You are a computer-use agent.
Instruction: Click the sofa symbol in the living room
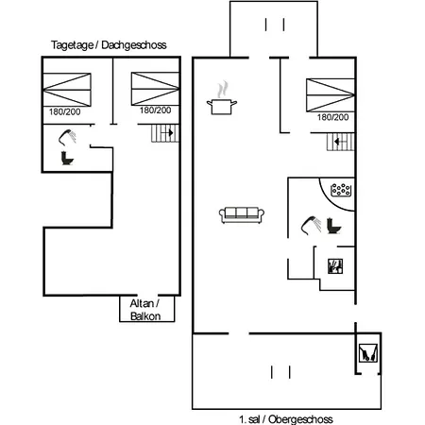(242, 215)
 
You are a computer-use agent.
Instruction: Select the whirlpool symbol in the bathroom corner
(341, 190)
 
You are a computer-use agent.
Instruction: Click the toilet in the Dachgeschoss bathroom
(67, 158)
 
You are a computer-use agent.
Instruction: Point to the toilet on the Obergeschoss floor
(333, 226)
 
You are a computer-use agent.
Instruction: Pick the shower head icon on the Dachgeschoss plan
(67, 138)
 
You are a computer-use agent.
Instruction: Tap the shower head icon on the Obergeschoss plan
(311, 225)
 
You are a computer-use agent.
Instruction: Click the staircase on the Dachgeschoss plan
(165, 133)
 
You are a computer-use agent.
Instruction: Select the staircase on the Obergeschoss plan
(341, 142)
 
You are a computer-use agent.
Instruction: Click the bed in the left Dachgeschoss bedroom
(67, 90)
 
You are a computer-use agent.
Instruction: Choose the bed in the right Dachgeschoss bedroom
(155, 89)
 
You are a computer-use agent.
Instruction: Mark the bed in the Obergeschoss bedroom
(331, 95)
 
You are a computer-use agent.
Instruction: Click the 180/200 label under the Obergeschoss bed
(332, 117)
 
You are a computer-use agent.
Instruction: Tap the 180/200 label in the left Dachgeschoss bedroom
(64, 111)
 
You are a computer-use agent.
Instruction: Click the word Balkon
(145, 316)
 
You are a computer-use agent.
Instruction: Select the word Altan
(142, 303)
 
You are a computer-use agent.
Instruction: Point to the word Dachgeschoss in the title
(134, 45)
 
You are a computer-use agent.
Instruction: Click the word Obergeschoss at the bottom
(300, 419)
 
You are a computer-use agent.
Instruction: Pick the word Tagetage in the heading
(72, 45)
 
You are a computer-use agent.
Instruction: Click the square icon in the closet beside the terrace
(368, 353)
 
